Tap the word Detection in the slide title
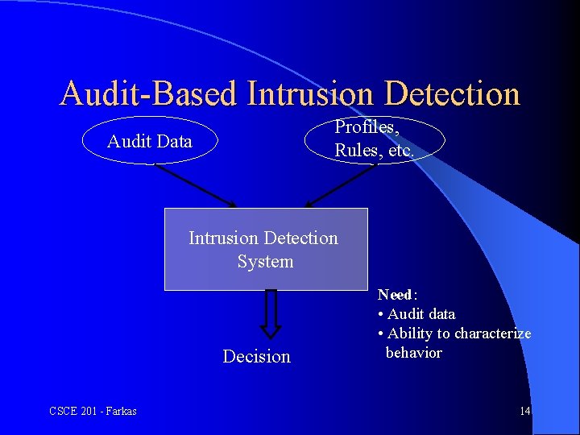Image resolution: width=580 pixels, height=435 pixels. [x=453, y=94]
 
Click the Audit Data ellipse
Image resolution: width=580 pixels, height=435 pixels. [x=151, y=142]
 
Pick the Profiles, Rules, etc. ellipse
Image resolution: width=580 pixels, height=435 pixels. [x=375, y=139]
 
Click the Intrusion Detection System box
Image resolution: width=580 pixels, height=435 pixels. [x=266, y=249]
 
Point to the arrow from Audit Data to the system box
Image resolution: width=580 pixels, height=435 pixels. [x=195, y=186]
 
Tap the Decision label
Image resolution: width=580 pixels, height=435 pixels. [x=256, y=356]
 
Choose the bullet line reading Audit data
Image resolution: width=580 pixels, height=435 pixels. [x=416, y=314]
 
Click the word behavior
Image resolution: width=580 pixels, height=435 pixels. [x=413, y=353]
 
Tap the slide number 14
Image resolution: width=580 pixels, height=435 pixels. [x=524, y=412]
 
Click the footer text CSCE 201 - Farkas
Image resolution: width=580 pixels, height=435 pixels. [x=93, y=412]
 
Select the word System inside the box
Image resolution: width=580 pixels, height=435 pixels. [x=265, y=261]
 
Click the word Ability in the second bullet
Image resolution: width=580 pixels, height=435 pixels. [x=410, y=333]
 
